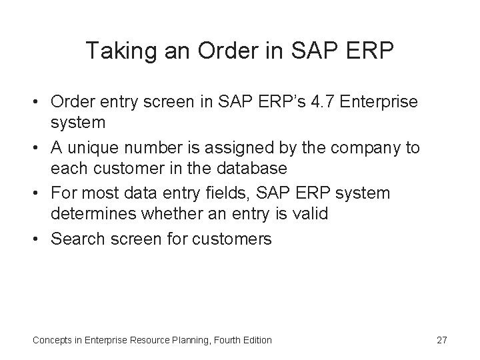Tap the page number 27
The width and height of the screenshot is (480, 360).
[441, 341]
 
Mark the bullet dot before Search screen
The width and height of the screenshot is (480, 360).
[38, 239]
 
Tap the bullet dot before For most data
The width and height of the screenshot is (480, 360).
[38, 193]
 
